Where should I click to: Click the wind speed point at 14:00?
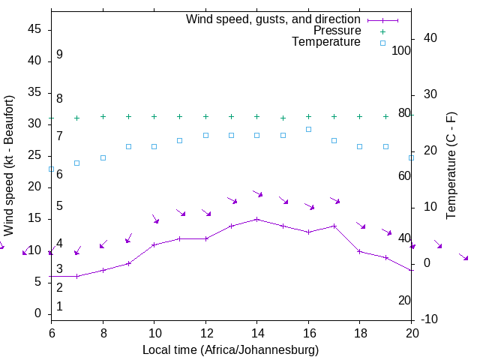point(256,219)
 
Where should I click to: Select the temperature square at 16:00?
point(308,129)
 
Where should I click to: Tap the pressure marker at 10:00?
point(154,116)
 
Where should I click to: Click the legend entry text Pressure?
point(337,31)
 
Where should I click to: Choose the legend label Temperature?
point(326,43)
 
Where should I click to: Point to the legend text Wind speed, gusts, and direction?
point(273,19)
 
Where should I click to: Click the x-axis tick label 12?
point(205,331)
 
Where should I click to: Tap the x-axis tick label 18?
point(359,331)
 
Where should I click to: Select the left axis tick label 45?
point(34,29)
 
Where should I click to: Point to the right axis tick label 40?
point(430,38)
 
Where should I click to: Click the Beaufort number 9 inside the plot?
point(59,55)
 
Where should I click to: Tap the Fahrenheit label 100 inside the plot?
point(401,50)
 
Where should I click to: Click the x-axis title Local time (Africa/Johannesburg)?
point(231,349)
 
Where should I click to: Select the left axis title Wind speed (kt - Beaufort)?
point(9,162)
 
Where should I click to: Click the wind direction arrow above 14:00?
point(257,193)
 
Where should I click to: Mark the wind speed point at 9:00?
point(128,263)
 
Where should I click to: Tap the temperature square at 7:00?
point(76,163)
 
